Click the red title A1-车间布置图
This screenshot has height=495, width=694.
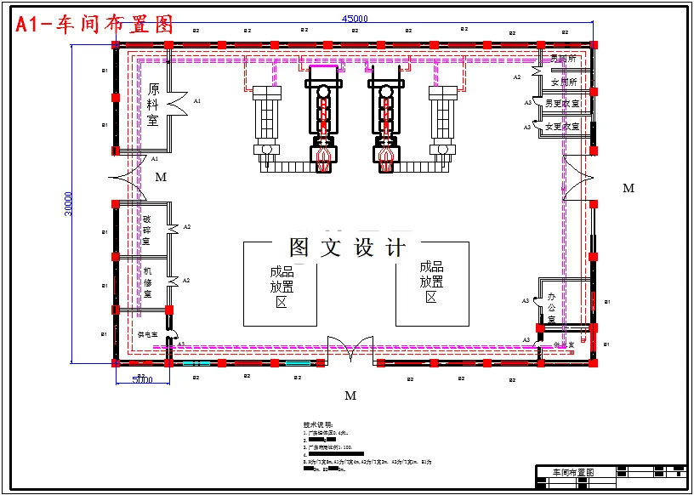[94, 25]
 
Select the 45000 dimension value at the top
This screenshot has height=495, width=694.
[355, 19]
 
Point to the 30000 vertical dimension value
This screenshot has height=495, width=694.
[68, 203]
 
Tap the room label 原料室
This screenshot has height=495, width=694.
[153, 105]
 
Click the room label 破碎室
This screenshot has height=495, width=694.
[146, 230]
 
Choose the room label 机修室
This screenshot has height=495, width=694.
[146, 282]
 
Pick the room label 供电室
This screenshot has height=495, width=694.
[148, 335]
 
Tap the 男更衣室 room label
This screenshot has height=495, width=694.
[562, 104]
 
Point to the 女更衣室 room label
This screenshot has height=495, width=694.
[562, 127]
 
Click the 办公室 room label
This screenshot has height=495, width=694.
[551, 303]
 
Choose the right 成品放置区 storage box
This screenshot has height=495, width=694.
[431, 282]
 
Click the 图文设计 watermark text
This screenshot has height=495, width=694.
[347, 247]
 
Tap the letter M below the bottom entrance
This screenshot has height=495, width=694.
[350, 395]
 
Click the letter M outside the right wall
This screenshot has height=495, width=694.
[629, 188]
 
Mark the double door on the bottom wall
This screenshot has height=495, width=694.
[350, 349]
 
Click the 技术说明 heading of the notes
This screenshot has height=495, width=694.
[319, 424]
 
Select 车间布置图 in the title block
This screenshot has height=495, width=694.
[573, 472]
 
